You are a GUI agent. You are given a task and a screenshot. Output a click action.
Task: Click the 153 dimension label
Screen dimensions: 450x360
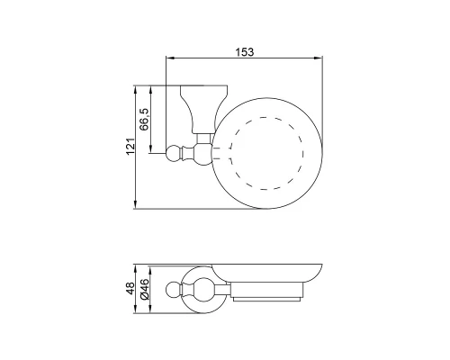pos(245,52)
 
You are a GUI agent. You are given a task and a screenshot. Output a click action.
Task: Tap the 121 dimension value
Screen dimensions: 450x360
pos(130,147)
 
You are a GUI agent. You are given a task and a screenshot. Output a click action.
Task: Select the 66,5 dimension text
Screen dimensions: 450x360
pos(145,119)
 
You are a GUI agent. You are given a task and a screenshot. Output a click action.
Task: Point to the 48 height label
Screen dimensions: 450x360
pos(130,288)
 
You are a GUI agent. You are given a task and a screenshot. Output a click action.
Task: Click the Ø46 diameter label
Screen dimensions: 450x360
pos(145,289)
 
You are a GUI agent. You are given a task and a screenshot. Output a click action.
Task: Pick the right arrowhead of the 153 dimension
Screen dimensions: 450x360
pos(319,58)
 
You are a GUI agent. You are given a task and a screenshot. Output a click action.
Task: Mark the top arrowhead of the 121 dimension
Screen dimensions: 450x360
pos(136,90)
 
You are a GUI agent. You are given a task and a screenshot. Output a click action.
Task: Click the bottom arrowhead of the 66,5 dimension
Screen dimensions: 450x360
pos(151,149)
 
